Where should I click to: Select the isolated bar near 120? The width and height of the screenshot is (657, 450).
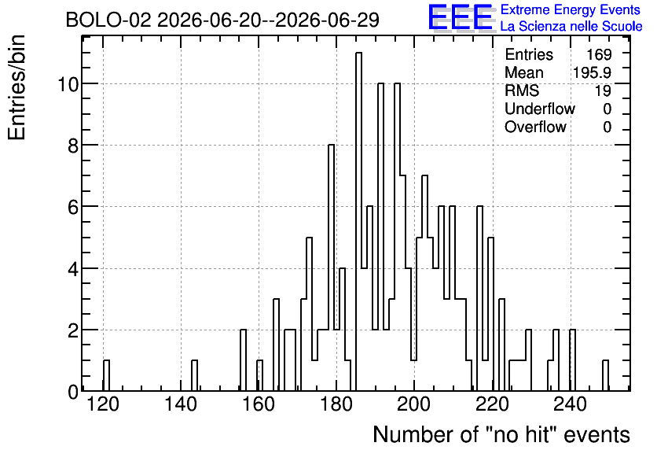[106, 375]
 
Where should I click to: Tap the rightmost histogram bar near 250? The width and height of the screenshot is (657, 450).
[605, 375]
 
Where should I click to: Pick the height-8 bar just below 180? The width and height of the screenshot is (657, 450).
[331, 267]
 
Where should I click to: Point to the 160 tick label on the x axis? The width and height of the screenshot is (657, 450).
[259, 404]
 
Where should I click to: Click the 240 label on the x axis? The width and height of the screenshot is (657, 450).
[570, 404]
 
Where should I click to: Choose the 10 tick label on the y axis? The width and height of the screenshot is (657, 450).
[68, 84]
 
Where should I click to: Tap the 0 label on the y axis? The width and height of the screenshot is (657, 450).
[73, 392]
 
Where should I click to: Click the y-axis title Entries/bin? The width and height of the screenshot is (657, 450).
[17, 87]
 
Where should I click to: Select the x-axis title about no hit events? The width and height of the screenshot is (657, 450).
[501, 434]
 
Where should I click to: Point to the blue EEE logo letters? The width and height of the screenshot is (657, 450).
[461, 17]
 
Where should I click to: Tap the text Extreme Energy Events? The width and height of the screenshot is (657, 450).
[571, 9]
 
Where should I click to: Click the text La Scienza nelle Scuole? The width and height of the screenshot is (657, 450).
[571, 26]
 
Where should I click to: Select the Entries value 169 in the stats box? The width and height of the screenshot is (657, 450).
[599, 54]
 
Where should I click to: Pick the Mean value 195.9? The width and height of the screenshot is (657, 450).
[592, 72]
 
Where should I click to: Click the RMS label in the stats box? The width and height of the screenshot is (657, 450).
[522, 90]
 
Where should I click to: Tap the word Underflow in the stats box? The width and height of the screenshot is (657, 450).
[540, 109]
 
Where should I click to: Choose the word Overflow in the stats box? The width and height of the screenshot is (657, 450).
[535, 127]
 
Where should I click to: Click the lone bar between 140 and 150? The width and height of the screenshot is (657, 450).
[194, 375]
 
